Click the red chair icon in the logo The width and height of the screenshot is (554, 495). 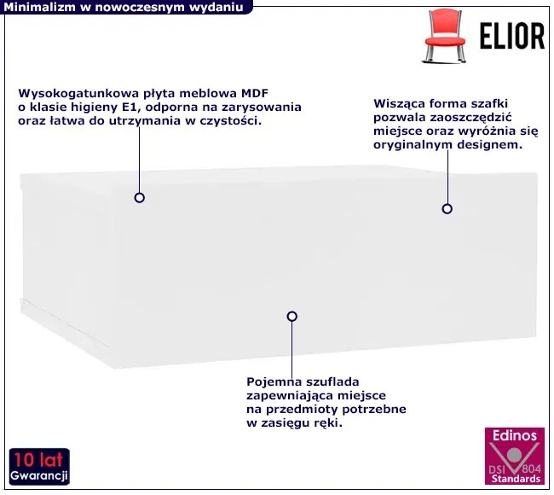[445, 36]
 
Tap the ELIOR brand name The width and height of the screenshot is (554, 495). [512, 36]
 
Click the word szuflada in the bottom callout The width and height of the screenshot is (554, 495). [332, 382]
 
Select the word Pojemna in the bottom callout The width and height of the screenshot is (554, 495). [274, 382]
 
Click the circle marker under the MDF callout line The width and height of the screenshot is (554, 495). [140, 198]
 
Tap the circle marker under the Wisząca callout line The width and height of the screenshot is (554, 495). [447, 209]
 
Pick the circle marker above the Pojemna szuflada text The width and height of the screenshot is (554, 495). [291, 317]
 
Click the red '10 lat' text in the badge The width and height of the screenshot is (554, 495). [38, 460]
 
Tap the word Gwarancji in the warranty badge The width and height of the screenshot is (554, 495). [39, 476]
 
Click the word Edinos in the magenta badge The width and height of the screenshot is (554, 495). [515, 435]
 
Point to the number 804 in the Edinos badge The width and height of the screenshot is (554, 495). [531, 469]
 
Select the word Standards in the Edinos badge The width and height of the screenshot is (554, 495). [516, 479]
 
